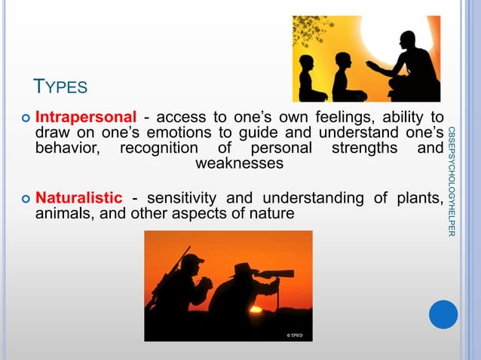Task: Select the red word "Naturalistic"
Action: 79,198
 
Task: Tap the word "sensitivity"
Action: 180,198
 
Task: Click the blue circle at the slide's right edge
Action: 443,313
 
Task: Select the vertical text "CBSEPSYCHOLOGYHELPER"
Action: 451,182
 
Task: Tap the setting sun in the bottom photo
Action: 256,309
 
